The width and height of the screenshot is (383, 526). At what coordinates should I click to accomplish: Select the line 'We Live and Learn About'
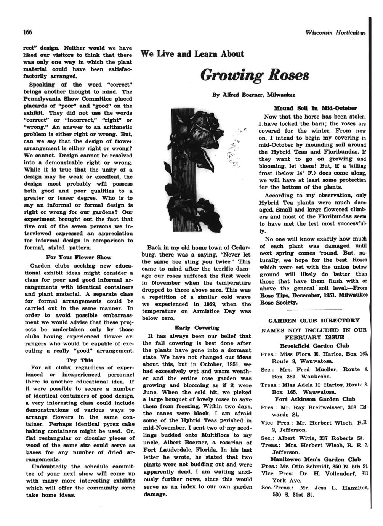tap(192, 54)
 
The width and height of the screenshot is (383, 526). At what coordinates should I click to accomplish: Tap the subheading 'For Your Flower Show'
tap(79, 257)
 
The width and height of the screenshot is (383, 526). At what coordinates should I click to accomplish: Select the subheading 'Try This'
tap(80, 360)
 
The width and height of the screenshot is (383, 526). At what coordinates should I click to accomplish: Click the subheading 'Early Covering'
tap(197, 328)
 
